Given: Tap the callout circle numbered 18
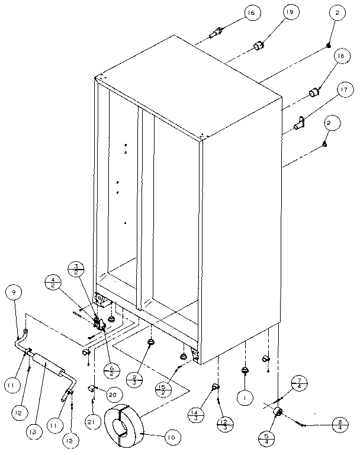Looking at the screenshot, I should pyautogui.click(x=340, y=56).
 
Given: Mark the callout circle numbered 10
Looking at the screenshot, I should pyautogui.click(x=171, y=438).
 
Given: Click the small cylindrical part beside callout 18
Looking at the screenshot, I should pyautogui.click(x=314, y=92).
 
